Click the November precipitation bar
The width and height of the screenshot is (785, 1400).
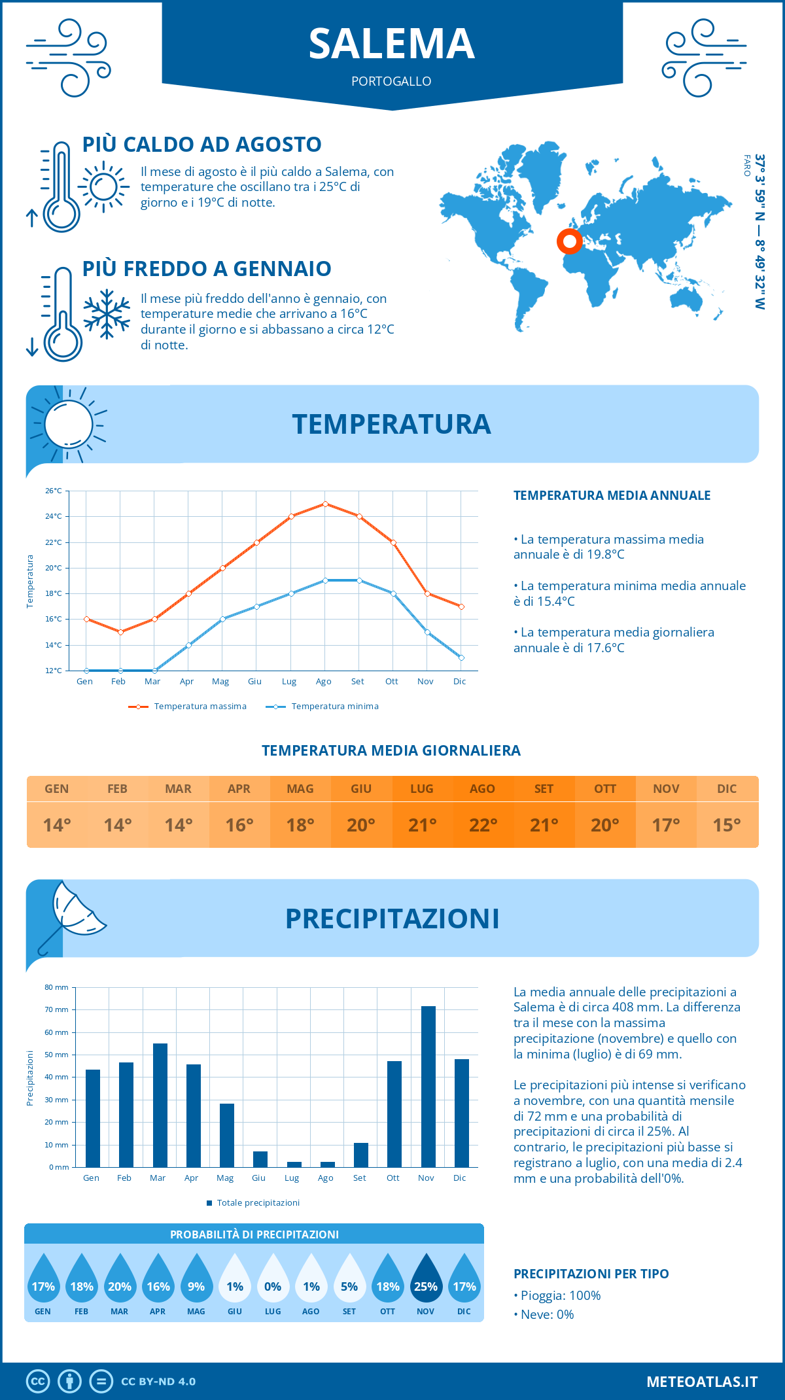pyautogui.click(x=428, y=1087)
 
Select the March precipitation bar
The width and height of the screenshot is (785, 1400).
pyautogui.click(x=160, y=1105)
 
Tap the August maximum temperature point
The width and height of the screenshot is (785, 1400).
pyautogui.click(x=325, y=504)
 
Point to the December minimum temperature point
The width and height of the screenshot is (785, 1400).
pyautogui.click(x=461, y=657)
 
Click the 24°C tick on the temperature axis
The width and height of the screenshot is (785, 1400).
pyautogui.click(x=54, y=516)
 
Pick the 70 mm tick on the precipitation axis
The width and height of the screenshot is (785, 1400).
pyautogui.click(x=57, y=1009)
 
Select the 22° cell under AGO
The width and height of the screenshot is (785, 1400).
pyautogui.click(x=483, y=825)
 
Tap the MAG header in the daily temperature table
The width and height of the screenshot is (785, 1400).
pyautogui.click(x=300, y=789)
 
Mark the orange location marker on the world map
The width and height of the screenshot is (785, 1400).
pyautogui.click(x=570, y=241)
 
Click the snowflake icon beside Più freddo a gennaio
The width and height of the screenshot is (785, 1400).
pyautogui.click(x=107, y=314)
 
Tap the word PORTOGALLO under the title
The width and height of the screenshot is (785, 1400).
pyautogui.click(x=391, y=81)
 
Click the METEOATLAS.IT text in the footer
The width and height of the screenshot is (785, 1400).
pyautogui.click(x=702, y=1382)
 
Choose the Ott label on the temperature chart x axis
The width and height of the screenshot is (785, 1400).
pyautogui.click(x=391, y=681)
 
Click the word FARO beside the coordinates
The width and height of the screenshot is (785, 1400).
pyautogui.click(x=747, y=166)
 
